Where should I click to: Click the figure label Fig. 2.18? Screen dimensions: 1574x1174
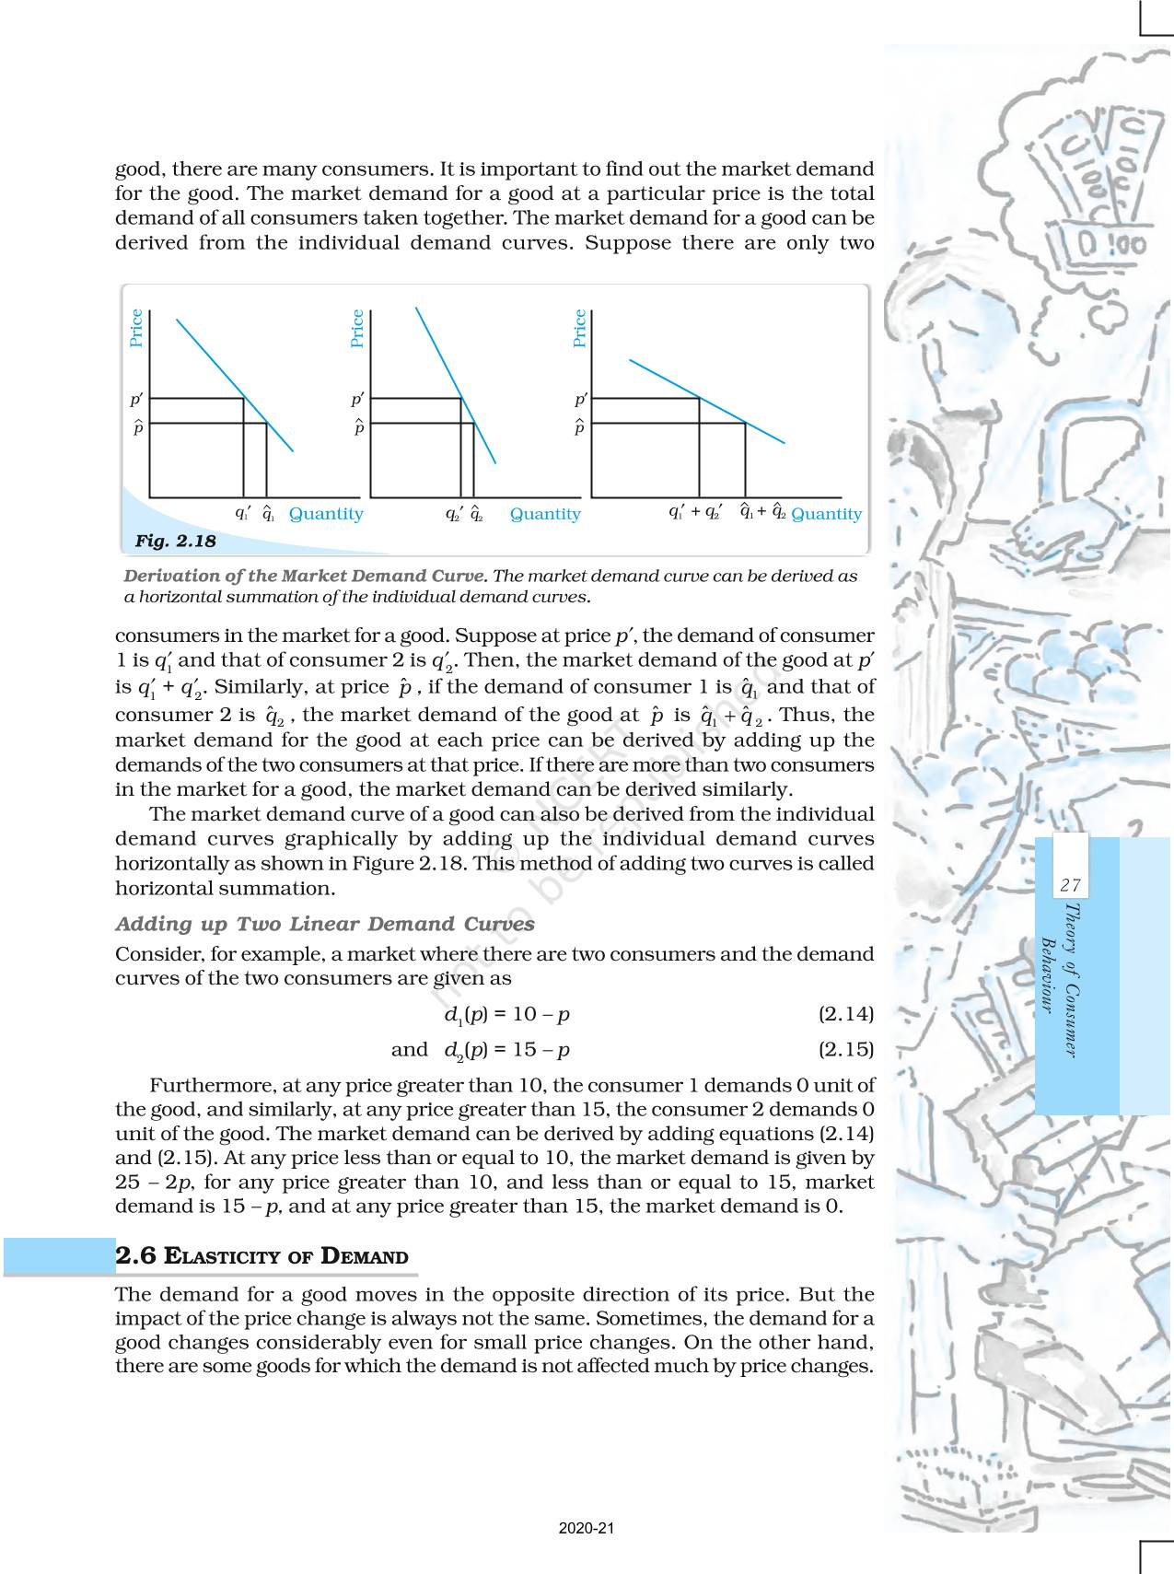point(175,541)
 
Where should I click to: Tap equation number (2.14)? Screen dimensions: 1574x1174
point(845,1014)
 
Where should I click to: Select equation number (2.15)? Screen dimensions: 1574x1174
point(845,1049)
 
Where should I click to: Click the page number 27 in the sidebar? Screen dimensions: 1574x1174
point(1069,885)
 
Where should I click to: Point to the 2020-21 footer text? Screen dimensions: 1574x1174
point(586,1528)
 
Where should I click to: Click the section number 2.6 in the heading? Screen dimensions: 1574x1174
point(136,1255)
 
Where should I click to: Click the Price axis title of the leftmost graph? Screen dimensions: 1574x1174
point(136,328)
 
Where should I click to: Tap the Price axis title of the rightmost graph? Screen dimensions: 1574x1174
point(579,328)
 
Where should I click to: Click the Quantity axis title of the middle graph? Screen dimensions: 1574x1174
point(545,514)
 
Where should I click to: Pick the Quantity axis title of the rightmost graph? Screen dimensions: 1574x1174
point(826,514)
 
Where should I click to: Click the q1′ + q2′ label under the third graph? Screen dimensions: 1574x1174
point(695,512)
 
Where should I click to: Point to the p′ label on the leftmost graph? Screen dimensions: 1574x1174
point(136,400)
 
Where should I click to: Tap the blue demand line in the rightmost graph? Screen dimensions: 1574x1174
point(706,401)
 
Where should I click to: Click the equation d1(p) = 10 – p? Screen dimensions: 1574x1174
point(506,1015)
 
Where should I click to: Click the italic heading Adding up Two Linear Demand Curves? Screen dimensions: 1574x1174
point(324,924)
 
